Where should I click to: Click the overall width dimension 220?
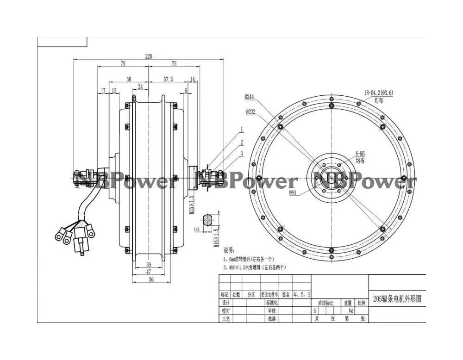point(148,56)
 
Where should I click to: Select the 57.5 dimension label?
point(168,79)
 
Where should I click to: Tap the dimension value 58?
point(122,79)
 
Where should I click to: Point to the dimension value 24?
point(140,87)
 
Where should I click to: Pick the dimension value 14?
point(193,79)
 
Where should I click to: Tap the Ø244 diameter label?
point(250,97)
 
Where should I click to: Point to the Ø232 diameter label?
point(250,112)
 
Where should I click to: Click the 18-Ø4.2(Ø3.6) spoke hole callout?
point(378,93)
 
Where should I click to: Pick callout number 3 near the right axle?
point(241,153)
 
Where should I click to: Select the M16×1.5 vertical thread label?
point(216,237)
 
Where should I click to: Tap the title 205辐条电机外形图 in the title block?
point(397,298)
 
